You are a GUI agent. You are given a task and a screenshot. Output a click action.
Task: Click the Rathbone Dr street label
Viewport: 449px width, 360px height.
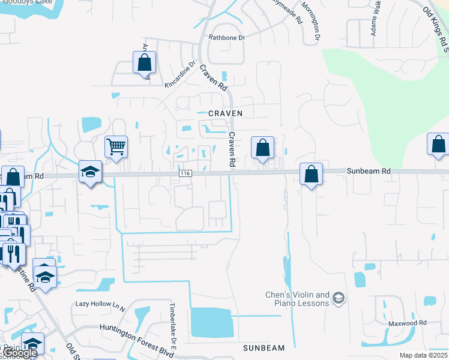[x=227, y=38]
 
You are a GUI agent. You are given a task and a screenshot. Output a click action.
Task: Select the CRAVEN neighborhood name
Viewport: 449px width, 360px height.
[x=225, y=113]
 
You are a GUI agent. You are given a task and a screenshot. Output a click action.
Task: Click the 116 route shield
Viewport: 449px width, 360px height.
[x=185, y=173]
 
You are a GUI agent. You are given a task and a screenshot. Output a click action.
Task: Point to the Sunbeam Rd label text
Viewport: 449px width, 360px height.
[x=369, y=171]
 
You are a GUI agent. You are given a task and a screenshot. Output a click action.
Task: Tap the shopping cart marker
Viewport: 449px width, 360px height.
[x=116, y=146]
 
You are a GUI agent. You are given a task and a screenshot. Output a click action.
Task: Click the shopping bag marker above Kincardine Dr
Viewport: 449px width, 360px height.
[x=144, y=62]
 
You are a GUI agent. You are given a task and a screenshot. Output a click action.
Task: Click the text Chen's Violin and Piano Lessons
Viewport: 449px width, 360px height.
[x=298, y=299]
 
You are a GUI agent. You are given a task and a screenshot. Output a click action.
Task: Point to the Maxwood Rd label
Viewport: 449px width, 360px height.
[x=406, y=323]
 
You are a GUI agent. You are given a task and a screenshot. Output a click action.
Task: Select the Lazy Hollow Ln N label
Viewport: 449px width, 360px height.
[x=100, y=304]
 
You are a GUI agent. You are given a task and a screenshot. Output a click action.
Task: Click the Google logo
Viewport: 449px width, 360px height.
[x=20, y=353]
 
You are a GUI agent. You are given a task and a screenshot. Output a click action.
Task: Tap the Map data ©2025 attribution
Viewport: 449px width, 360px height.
[x=423, y=355]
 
